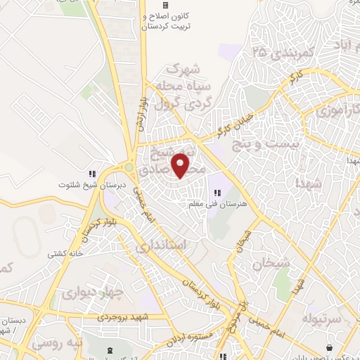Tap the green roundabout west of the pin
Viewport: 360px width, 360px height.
click(129, 167)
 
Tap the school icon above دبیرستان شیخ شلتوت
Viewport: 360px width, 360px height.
click(91, 174)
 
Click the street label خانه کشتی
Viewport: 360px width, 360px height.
click(65, 252)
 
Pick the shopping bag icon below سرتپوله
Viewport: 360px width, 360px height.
click(328, 347)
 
